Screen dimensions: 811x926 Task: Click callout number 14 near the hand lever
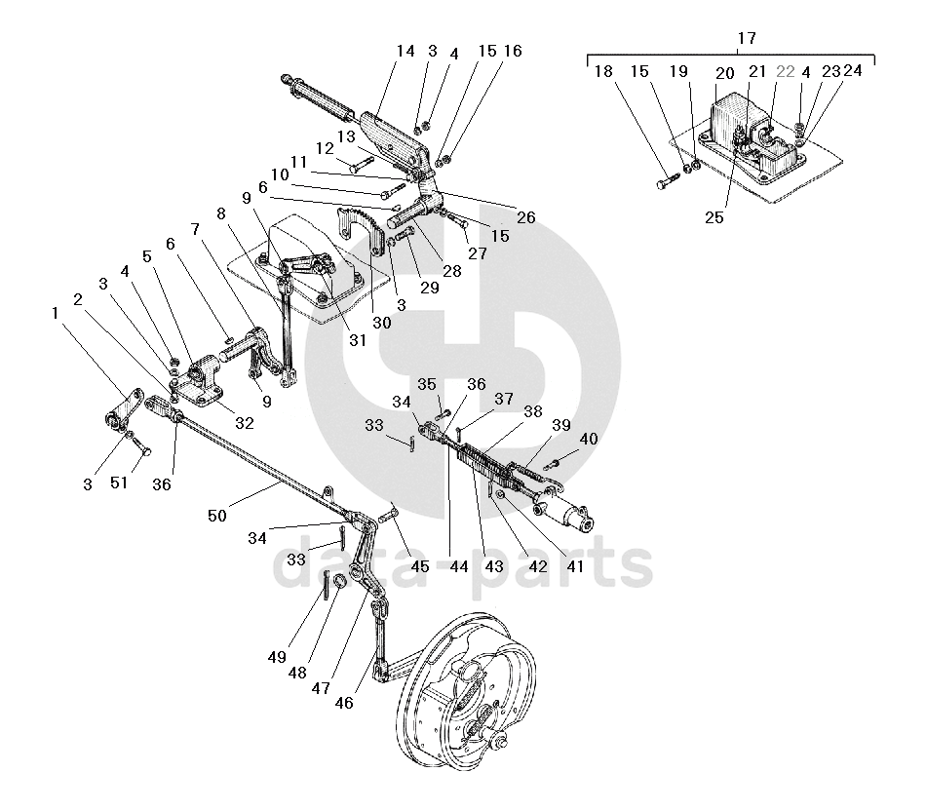point(405,51)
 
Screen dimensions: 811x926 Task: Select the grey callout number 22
point(786,71)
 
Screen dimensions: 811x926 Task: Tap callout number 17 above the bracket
point(746,38)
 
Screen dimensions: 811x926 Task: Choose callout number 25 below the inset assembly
point(714,217)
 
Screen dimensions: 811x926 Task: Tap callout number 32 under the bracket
point(244,423)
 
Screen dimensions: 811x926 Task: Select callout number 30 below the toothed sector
point(380,323)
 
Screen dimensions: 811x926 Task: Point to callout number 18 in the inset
point(603,71)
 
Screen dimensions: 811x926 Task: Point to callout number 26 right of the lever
point(525,217)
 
